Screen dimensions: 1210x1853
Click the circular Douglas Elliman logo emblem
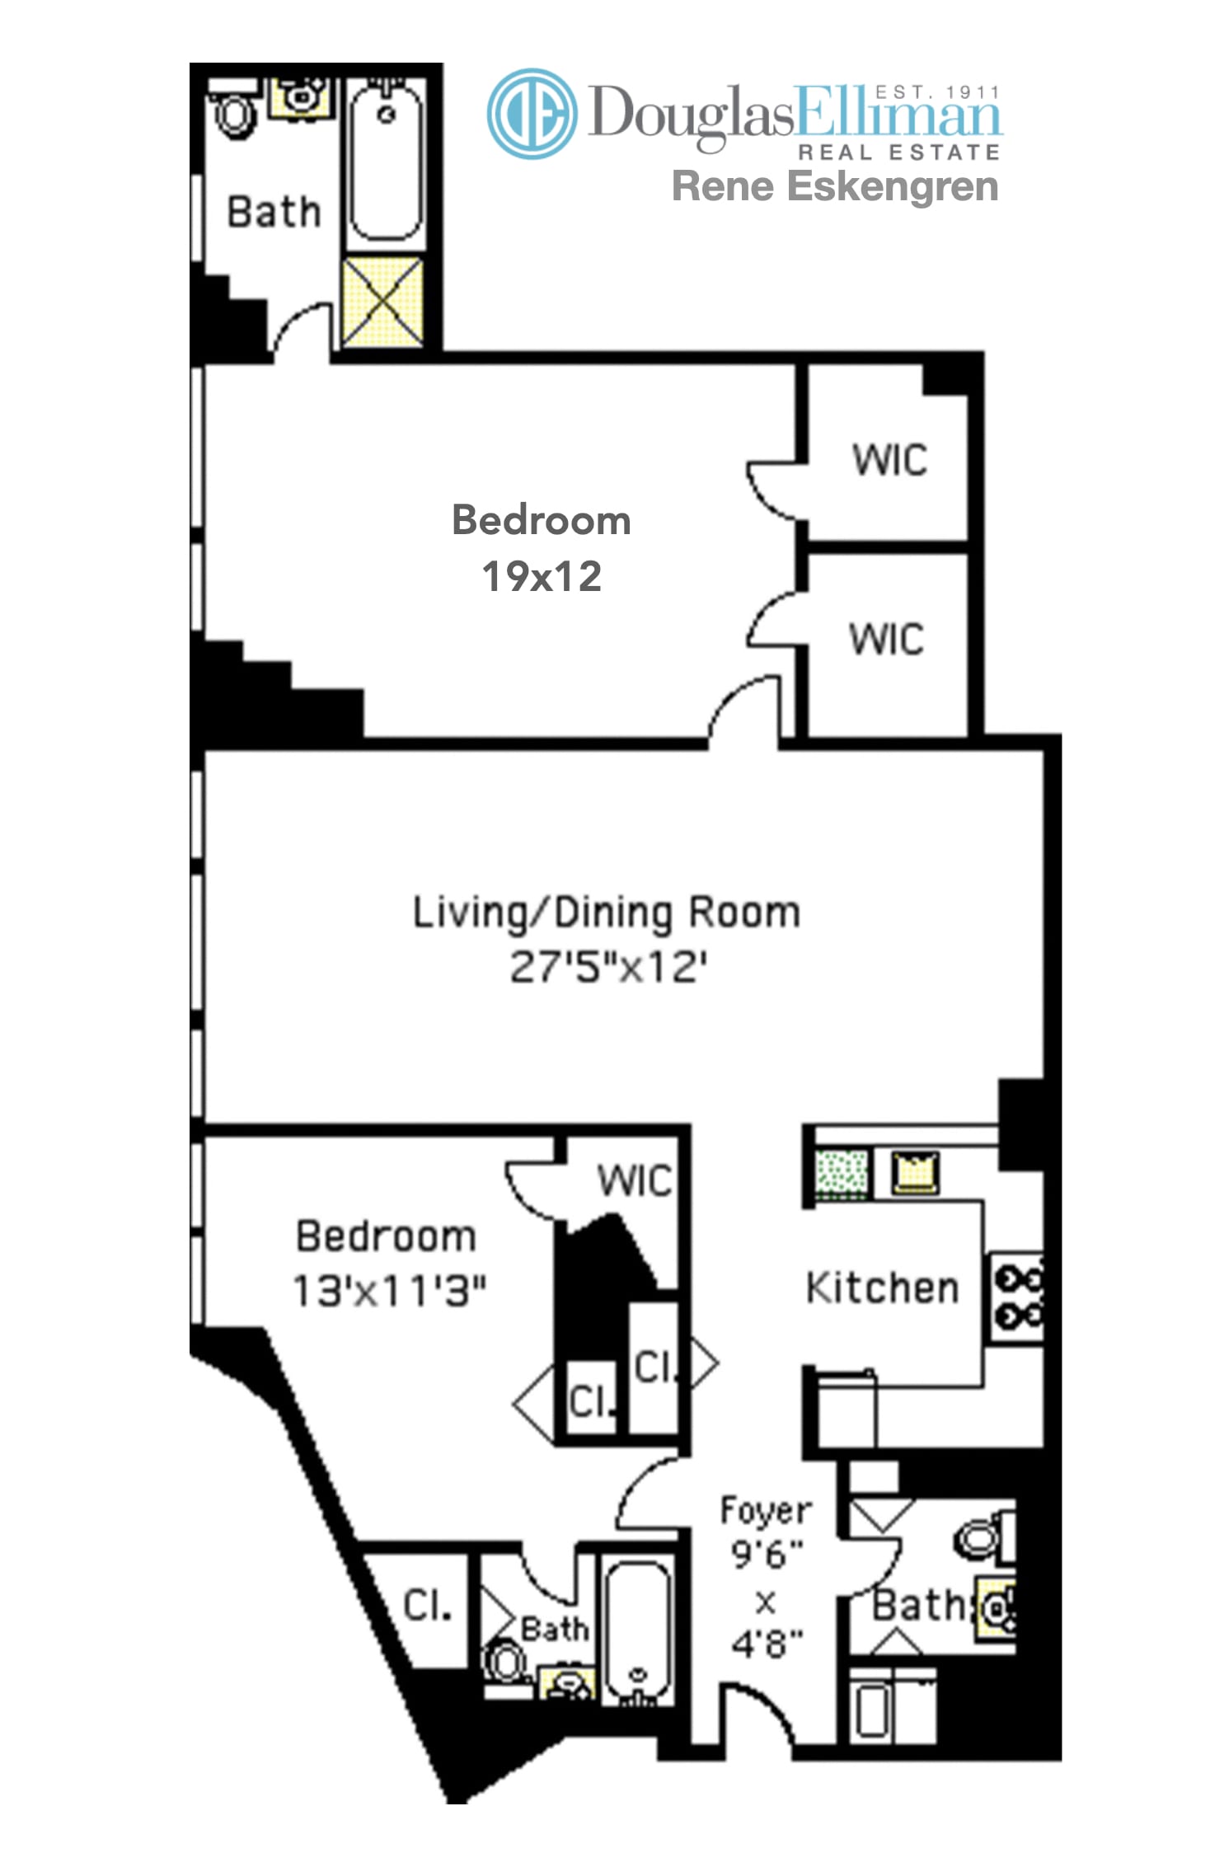pyautogui.click(x=532, y=113)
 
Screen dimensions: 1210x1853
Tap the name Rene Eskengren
pyautogui.click(x=835, y=186)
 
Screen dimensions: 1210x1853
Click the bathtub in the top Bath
pyautogui.click(x=386, y=162)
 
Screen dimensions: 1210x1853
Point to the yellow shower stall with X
pyautogui.click(x=382, y=301)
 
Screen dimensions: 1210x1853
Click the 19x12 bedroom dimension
pyautogui.click(x=542, y=576)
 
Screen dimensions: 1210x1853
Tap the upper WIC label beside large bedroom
pyautogui.click(x=890, y=460)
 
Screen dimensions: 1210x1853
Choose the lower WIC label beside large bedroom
pyautogui.click(x=887, y=639)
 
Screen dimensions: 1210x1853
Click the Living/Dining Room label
pyautogui.click(x=606, y=913)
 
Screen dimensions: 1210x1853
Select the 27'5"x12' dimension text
pyautogui.click(x=608, y=967)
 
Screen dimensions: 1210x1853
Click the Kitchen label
pyautogui.click(x=883, y=1288)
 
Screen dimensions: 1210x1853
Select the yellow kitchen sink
pyautogui.click(x=915, y=1171)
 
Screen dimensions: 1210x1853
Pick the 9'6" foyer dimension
pyautogui.click(x=767, y=1554)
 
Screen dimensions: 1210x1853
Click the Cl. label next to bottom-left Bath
pyautogui.click(x=427, y=1606)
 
